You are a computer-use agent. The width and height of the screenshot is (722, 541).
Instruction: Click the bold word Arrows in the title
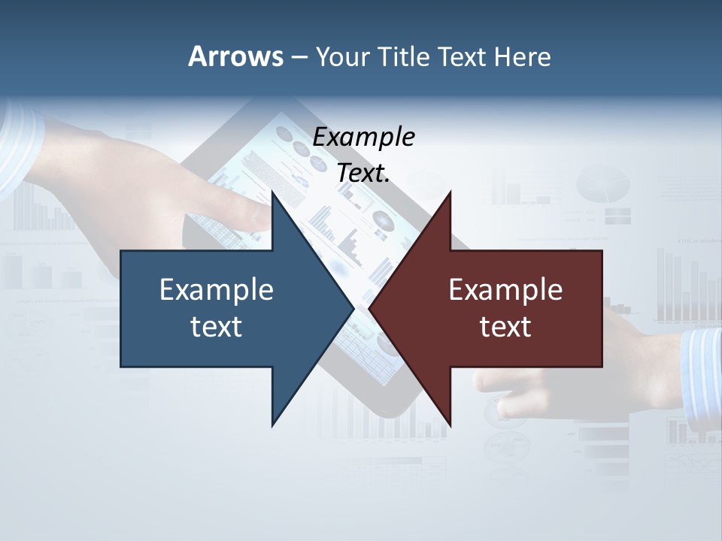pos(235,56)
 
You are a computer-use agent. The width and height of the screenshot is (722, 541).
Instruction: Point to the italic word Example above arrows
pos(364,137)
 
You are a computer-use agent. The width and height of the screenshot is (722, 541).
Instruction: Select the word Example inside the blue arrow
pos(217,289)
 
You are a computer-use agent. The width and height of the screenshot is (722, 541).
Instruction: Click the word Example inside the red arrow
pos(505,289)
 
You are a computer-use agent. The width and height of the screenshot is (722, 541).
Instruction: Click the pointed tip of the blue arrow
pos(353,308)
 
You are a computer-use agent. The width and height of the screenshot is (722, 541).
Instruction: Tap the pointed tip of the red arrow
pos(369,308)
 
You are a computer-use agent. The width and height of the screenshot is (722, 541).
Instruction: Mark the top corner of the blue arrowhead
pos(272,192)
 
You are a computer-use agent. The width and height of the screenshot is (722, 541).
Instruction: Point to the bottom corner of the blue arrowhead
pos(272,425)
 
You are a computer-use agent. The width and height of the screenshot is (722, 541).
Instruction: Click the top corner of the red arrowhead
pos(450,192)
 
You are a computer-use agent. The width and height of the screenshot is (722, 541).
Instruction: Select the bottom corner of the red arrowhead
pos(450,425)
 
